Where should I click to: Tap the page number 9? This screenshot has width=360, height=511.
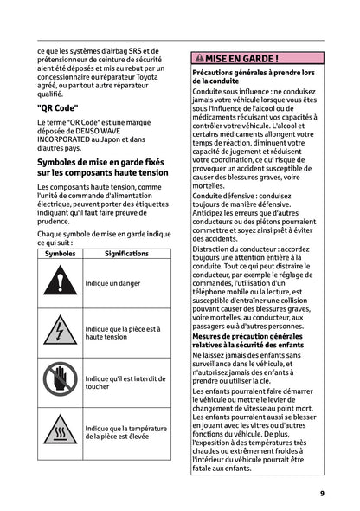click(321, 493)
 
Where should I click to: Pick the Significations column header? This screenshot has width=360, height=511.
click(126, 254)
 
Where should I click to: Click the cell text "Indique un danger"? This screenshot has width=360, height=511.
click(112, 284)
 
